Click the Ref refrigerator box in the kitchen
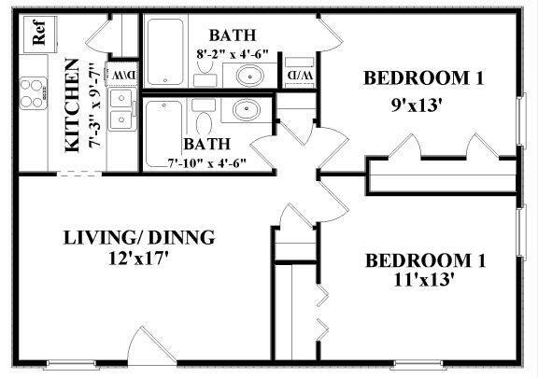tap(40, 35)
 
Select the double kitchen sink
tap(121, 108)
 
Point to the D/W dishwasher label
tap(123, 75)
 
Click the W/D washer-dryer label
tap(296, 74)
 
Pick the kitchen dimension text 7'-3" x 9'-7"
tap(93, 105)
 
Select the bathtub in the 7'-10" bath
tap(165, 133)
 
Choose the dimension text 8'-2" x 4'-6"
tap(231, 54)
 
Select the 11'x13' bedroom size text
tap(423, 278)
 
